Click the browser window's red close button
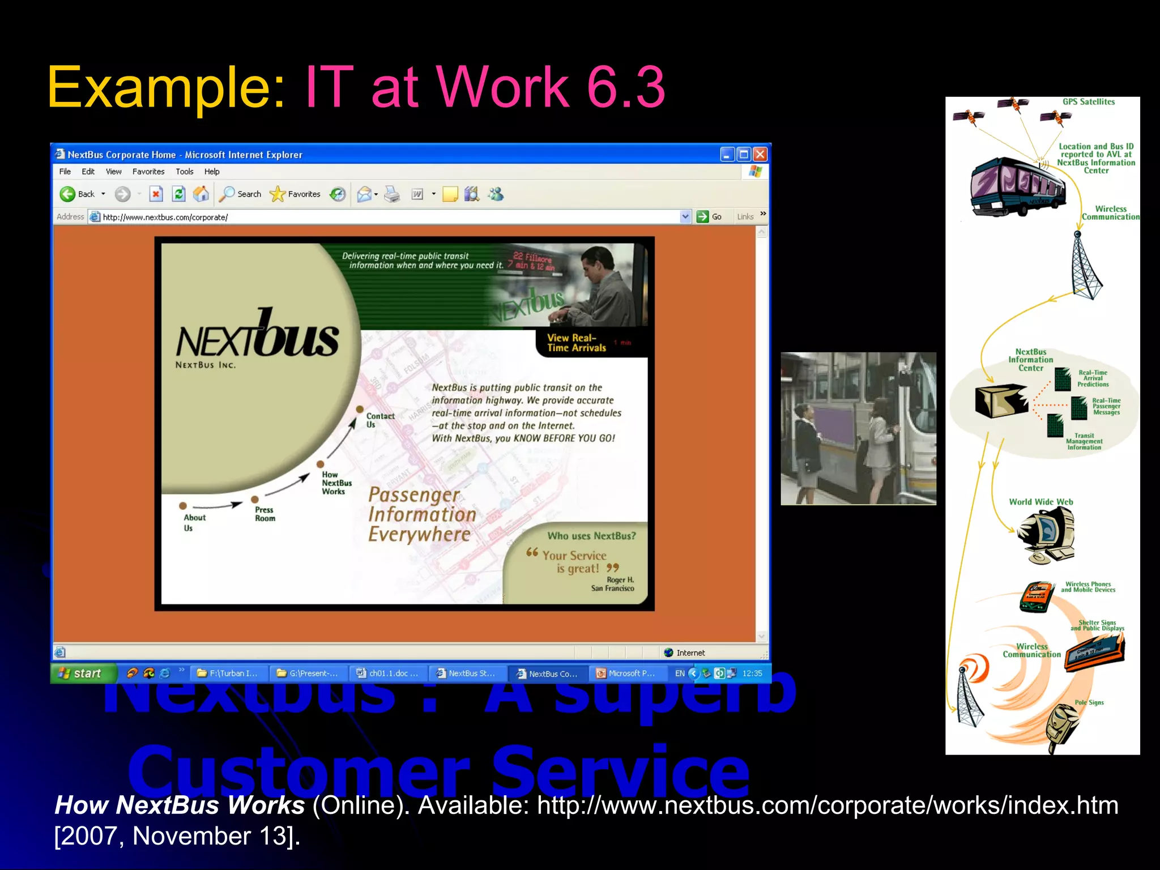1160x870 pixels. [x=760, y=154]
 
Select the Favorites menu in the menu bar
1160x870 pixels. [x=148, y=172]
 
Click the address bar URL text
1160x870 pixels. [x=165, y=217]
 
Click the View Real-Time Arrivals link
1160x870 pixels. [x=576, y=343]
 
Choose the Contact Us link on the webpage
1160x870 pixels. [x=379, y=420]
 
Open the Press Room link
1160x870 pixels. [x=265, y=514]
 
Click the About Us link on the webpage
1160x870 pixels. [x=194, y=522]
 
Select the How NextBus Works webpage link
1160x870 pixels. [x=336, y=483]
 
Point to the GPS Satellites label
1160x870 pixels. [x=1088, y=102]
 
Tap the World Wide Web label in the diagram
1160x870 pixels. [x=1040, y=502]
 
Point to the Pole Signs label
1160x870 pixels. [x=1089, y=702]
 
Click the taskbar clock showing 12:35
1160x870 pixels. [x=752, y=673]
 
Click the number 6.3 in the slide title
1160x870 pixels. [x=625, y=87]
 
